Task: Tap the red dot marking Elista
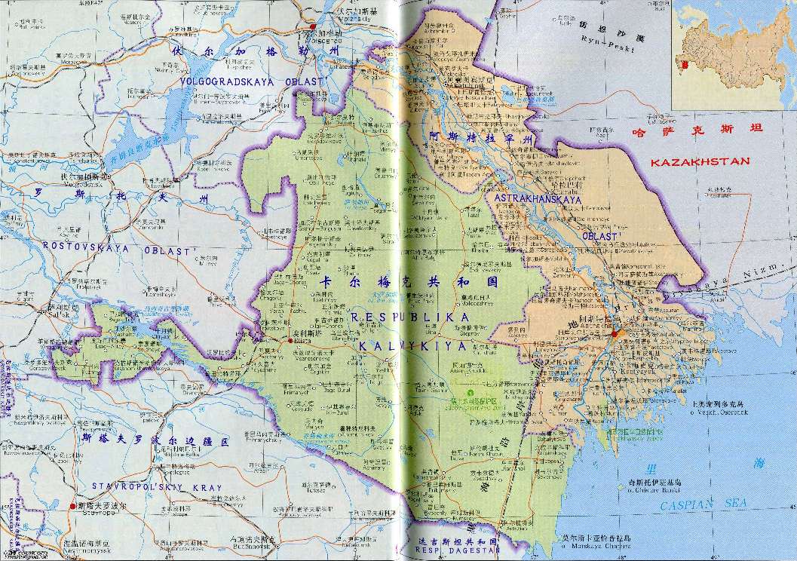[x=290, y=341]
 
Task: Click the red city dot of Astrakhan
[x=615, y=333]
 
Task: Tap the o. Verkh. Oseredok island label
[x=719, y=412]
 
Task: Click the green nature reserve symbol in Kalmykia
[x=472, y=393]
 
